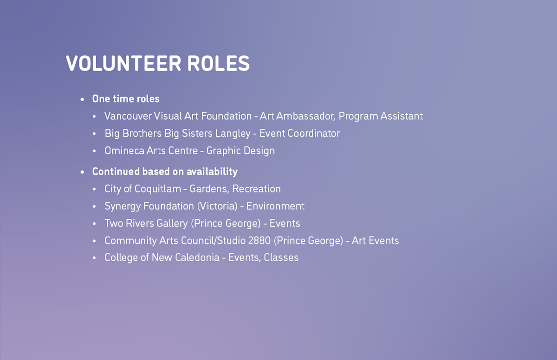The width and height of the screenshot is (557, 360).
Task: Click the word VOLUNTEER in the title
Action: [123, 64]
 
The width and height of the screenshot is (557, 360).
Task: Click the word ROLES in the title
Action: [218, 64]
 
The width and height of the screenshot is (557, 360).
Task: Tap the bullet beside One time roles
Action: [82, 99]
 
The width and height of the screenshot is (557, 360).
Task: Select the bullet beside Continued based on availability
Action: [82, 172]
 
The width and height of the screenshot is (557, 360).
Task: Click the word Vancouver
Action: [128, 116]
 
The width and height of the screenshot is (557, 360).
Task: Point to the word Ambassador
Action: [305, 116]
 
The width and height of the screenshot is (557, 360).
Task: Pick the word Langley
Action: [233, 134]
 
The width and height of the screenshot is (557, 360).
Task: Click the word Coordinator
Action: [314, 134]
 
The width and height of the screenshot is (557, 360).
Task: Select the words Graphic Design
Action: [240, 151]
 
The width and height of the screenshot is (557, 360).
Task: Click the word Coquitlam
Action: [158, 189]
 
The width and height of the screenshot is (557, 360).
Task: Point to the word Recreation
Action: [256, 189]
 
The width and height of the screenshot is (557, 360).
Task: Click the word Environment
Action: [275, 206]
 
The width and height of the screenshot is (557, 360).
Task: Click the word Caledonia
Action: [197, 257]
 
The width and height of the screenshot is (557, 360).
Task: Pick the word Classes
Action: [281, 257]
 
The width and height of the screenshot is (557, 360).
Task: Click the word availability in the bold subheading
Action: [212, 172]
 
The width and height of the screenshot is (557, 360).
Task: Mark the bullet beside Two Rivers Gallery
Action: [94, 224]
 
